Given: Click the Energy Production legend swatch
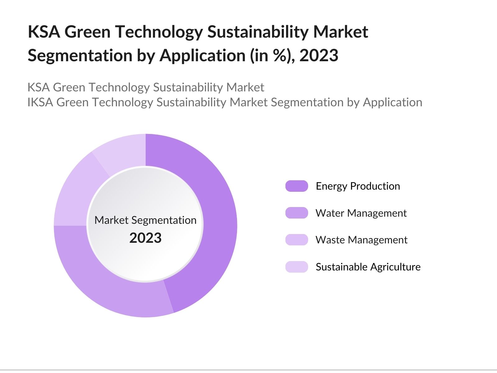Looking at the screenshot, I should click(297, 186).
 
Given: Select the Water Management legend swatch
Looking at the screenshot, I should click(297, 213).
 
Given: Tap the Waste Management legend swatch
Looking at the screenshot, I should click(297, 240).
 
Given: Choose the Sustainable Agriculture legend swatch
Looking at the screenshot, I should click(297, 267).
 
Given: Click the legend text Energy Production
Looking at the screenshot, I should click(358, 186).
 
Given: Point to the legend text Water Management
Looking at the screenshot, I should click(361, 213).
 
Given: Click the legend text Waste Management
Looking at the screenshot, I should click(361, 240).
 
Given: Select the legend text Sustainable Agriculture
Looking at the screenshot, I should click(368, 267).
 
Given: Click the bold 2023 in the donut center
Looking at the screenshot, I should click(145, 238).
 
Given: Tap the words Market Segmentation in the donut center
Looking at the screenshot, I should click(145, 220).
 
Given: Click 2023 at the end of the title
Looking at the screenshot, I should click(319, 56).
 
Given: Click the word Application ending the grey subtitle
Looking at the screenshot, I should click(393, 102).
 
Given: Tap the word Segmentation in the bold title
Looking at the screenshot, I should click(80, 56).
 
